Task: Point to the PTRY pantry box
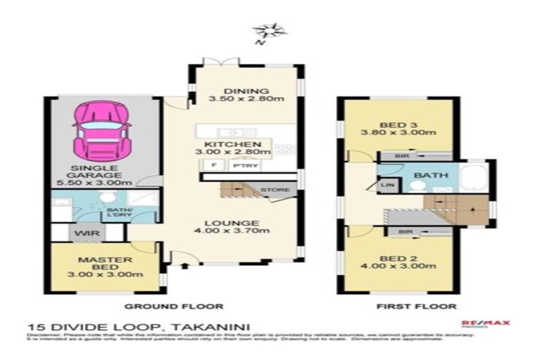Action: click(241, 166)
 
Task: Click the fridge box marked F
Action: click(212, 166)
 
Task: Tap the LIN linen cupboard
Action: click(387, 185)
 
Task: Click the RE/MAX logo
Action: click(485, 324)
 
